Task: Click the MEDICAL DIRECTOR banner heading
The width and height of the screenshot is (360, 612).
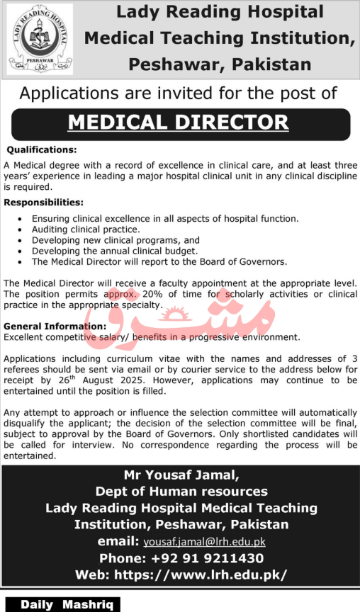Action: tap(178, 122)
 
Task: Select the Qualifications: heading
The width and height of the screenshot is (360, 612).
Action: tap(41, 150)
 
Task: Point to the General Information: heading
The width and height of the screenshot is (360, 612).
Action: tap(55, 326)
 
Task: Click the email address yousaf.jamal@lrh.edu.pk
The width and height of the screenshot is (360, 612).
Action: tap(203, 542)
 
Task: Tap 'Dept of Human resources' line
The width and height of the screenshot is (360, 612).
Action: tap(181, 492)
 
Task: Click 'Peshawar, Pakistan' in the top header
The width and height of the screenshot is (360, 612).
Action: tap(220, 64)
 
